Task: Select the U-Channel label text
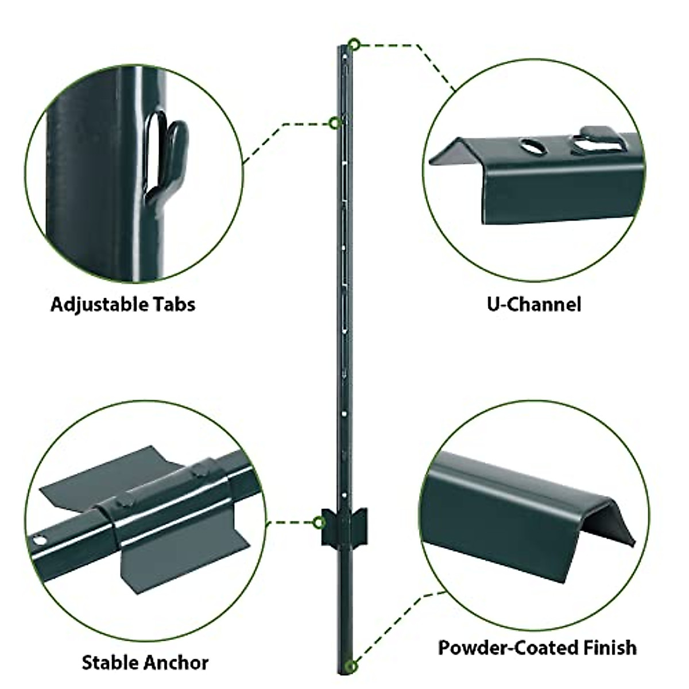pos(534,304)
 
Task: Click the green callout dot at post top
pos(355,44)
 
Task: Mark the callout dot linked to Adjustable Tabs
pos(334,122)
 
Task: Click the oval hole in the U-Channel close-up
pos(534,147)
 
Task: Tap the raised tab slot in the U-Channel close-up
pos(597,144)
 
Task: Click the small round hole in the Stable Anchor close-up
pos(40,540)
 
